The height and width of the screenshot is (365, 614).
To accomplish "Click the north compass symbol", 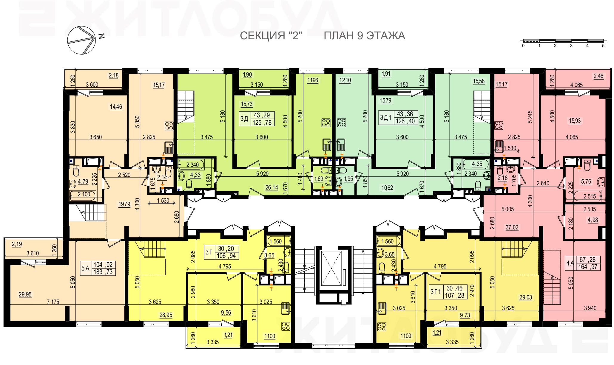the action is (x=81, y=40).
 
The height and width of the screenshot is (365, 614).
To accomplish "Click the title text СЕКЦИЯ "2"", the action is (x=271, y=36).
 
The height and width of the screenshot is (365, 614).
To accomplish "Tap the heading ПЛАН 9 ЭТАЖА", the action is (x=364, y=36).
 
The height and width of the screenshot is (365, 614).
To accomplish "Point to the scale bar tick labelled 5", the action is (x=603, y=46).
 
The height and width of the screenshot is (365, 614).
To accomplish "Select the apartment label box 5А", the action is (x=98, y=268).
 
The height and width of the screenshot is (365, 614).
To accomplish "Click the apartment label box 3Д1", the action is (x=398, y=117).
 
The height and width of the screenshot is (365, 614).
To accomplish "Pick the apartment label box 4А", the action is (x=583, y=263).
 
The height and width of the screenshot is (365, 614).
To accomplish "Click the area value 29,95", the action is (x=25, y=294).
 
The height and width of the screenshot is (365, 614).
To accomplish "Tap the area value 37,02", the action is (x=512, y=227).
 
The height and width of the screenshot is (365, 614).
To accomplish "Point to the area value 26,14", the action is (x=272, y=187).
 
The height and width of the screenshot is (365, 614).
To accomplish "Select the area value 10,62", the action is (x=387, y=188).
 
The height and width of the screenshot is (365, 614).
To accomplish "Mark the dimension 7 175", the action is (x=53, y=302).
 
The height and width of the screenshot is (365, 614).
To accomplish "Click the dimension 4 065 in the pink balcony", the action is (x=576, y=85).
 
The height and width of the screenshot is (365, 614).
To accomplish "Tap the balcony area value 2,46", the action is (x=598, y=76).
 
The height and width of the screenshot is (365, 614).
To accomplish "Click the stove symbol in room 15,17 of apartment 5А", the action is (x=169, y=126).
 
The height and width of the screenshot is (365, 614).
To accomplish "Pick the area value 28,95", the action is (x=166, y=315).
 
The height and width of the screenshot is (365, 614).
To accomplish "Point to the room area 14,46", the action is (x=116, y=107).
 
